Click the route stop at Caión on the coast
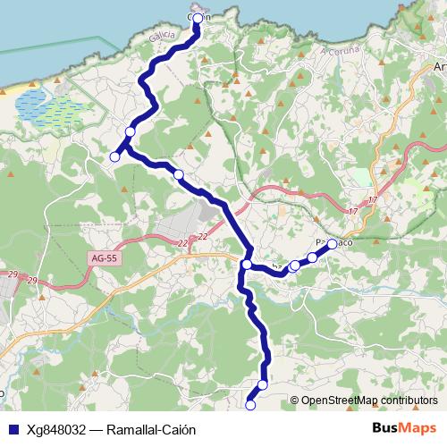point(197,17)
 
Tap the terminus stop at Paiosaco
point(332,243)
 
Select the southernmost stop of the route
point(250,405)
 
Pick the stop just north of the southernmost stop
point(263,384)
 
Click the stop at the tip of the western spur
point(114,157)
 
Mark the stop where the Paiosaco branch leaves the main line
point(246,264)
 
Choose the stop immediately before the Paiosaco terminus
point(313,257)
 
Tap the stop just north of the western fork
point(130,132)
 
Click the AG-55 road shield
point(105,258)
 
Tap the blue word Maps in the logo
point(417,427)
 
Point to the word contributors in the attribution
point(406,401)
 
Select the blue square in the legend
point(11,429)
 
